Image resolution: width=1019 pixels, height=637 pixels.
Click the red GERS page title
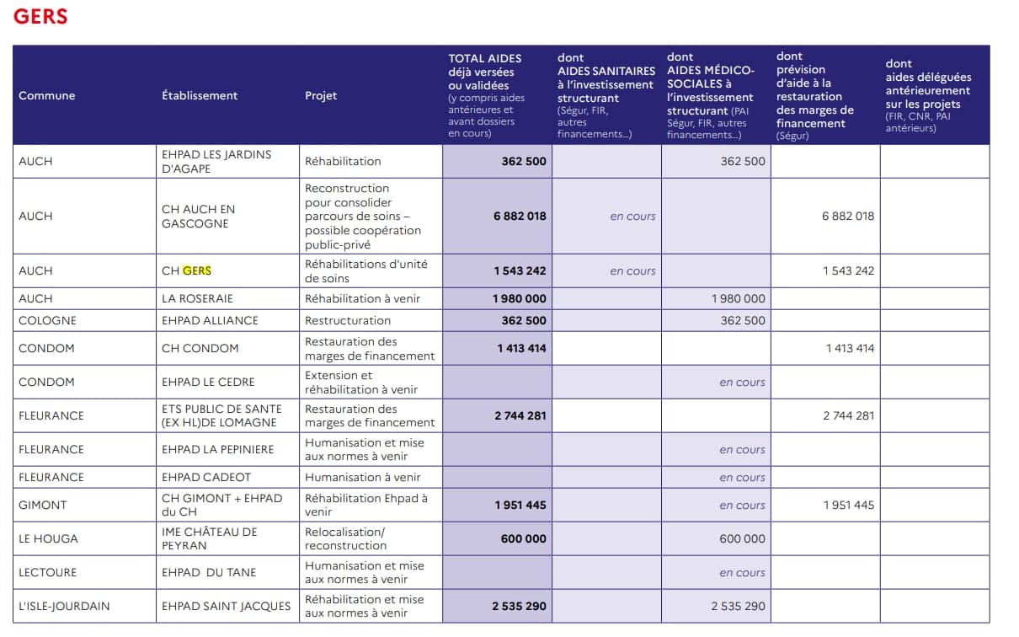point(40,16)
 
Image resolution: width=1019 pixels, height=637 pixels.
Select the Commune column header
point(47,96)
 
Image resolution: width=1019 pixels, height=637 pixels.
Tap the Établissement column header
point(200,96)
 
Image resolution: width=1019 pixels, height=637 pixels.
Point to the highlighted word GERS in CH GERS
point(197,271)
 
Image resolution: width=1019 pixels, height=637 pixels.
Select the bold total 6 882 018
point(520,217)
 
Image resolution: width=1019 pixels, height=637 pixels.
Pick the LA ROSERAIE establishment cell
point(197,299)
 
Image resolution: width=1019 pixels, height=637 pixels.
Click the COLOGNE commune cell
point(47,321)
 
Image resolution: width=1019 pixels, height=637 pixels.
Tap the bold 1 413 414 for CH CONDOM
point(521,348)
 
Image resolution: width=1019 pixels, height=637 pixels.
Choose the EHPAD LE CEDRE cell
point(208,383)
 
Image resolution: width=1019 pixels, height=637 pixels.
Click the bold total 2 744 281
point(520,415)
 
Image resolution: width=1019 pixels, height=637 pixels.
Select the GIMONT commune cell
point(43,506)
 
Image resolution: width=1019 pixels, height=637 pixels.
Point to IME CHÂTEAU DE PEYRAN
point(210,538)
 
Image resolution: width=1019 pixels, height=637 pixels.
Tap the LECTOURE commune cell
point(47,573)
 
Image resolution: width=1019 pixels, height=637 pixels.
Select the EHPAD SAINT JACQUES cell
point(226,607)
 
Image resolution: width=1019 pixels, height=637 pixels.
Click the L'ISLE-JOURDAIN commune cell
point(64,607)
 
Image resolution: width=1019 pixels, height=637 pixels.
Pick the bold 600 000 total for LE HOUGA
point(523,539)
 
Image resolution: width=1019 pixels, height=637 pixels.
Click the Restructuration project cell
point(348,321)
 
